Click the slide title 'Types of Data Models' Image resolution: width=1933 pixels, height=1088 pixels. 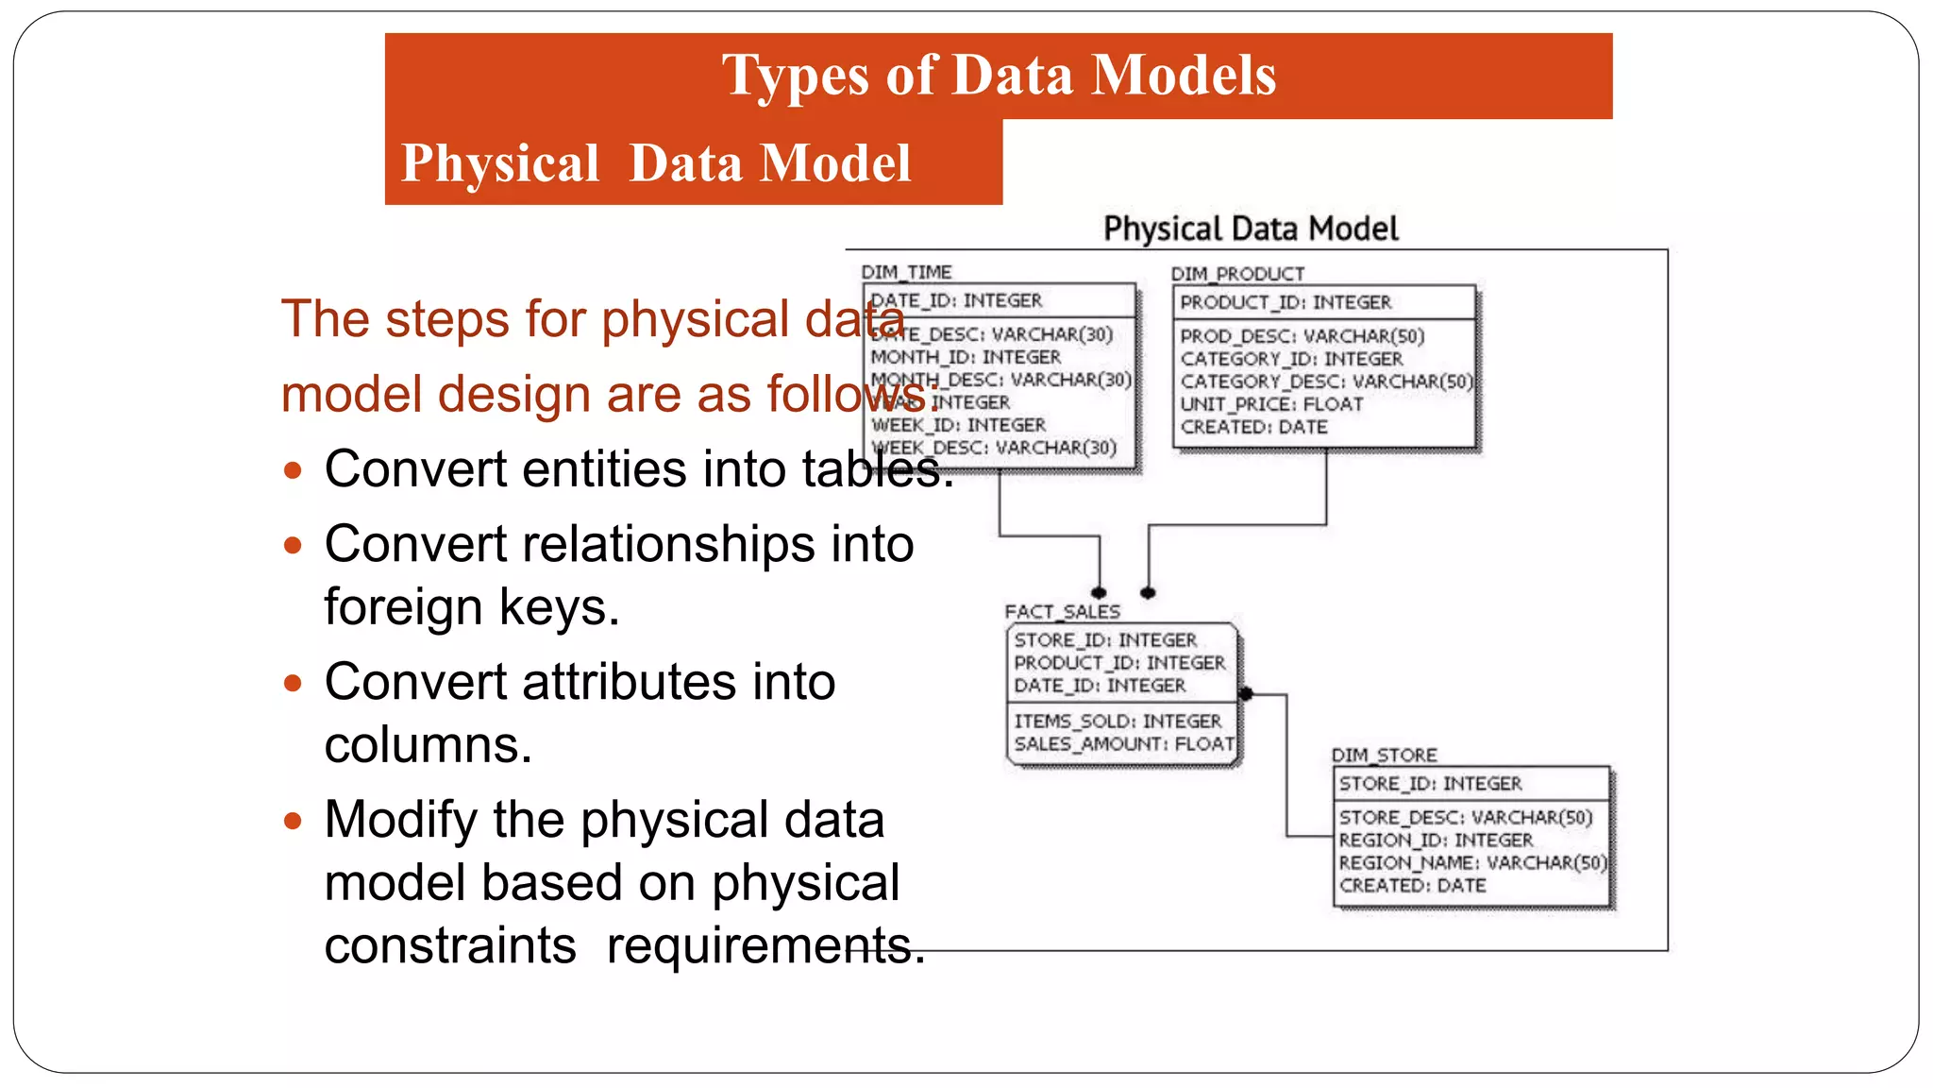[x=999, y=76]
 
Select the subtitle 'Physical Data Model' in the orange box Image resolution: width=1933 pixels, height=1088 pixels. [x=656, y=163]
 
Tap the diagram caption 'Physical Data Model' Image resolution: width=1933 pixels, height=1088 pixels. [x=1251, y=229]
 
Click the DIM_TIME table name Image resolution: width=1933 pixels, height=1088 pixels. [x=906, y=272]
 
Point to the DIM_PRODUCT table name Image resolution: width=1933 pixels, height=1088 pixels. [x=1237, y=274]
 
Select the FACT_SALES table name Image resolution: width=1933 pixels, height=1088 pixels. [x=1062, y=612]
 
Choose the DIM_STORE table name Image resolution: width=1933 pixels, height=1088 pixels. [x=1384, y=756]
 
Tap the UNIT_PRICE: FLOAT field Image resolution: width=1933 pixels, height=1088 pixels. [x=1271, y=404]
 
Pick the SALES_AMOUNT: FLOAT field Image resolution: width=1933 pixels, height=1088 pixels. [x=1123, y=744]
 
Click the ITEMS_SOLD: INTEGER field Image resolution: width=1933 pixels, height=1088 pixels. [x=1118, y=722]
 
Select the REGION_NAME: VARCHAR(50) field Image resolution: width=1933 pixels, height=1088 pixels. [x=1471, y=863]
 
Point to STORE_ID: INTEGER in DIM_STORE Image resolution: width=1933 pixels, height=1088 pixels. [x=1430, y=784]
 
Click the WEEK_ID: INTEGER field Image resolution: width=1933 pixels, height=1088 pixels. [x=958, y=426]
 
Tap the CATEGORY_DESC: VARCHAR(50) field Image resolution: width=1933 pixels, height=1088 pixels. [x=1325, y=382]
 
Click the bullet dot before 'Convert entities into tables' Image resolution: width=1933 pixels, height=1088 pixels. [x=293, y=470]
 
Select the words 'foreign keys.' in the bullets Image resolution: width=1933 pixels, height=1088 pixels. [x=472, y=607]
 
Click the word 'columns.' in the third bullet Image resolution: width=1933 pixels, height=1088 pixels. [x=429, y=745]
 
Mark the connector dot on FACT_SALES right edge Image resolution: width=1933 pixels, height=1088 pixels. [x=1246, y=694]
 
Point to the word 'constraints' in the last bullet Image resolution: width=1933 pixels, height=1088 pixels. [x=450, y=945]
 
